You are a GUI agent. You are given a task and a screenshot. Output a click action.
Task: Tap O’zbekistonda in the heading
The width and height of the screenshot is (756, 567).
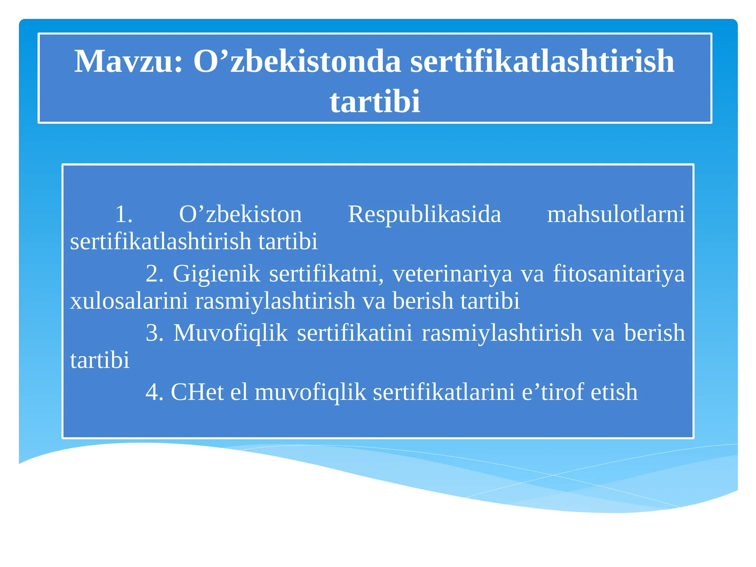(x=297, y=61)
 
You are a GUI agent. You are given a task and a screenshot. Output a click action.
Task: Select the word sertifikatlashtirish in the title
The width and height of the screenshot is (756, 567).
(x=542, y=61)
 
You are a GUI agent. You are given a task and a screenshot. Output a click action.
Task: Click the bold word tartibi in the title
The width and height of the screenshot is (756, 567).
(x=375, y=102)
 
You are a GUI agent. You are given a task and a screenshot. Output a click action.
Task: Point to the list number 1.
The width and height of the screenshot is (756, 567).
(x=123, y=214)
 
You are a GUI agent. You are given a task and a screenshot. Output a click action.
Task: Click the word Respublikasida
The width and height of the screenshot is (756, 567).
(x=424, y=214)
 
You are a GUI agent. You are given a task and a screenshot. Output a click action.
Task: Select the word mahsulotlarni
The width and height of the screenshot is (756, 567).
(x=616, y=214)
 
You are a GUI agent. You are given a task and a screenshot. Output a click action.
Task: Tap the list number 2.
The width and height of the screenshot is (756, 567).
(x=155, y=274)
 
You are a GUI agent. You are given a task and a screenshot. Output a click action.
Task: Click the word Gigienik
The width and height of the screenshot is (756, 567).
(x=216, y=274)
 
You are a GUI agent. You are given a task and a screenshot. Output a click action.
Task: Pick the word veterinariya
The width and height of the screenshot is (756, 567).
(x=452, y=274)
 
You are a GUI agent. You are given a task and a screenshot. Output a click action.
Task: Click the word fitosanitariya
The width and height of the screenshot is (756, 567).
(x=619, y=274)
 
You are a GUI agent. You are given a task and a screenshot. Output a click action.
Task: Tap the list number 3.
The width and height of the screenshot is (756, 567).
(x=155, y=333)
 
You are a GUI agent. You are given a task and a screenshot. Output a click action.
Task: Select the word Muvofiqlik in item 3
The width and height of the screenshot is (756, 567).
(x=231, y=333)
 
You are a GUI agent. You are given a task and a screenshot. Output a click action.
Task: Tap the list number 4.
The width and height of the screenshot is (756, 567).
(x=155, y=392)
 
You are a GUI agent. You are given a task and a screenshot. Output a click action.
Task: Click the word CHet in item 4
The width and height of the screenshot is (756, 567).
(x=197, y=392)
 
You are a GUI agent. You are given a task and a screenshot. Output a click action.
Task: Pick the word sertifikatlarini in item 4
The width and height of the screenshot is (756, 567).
(x=444, y=392)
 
